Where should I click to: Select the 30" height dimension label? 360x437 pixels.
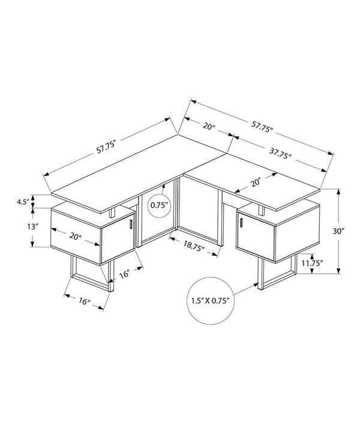point(338,231)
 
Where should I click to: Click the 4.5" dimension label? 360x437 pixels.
point(23,202)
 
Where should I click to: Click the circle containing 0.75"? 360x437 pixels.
point(160,205)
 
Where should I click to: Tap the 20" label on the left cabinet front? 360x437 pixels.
point(76,237)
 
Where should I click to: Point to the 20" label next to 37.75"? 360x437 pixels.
point(209,126)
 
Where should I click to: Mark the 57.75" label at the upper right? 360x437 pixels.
point(262,127)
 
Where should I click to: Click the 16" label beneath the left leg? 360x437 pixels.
point(83,302)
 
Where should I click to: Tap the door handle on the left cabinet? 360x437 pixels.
point(130,225)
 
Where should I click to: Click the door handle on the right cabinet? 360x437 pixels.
point(240,223)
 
